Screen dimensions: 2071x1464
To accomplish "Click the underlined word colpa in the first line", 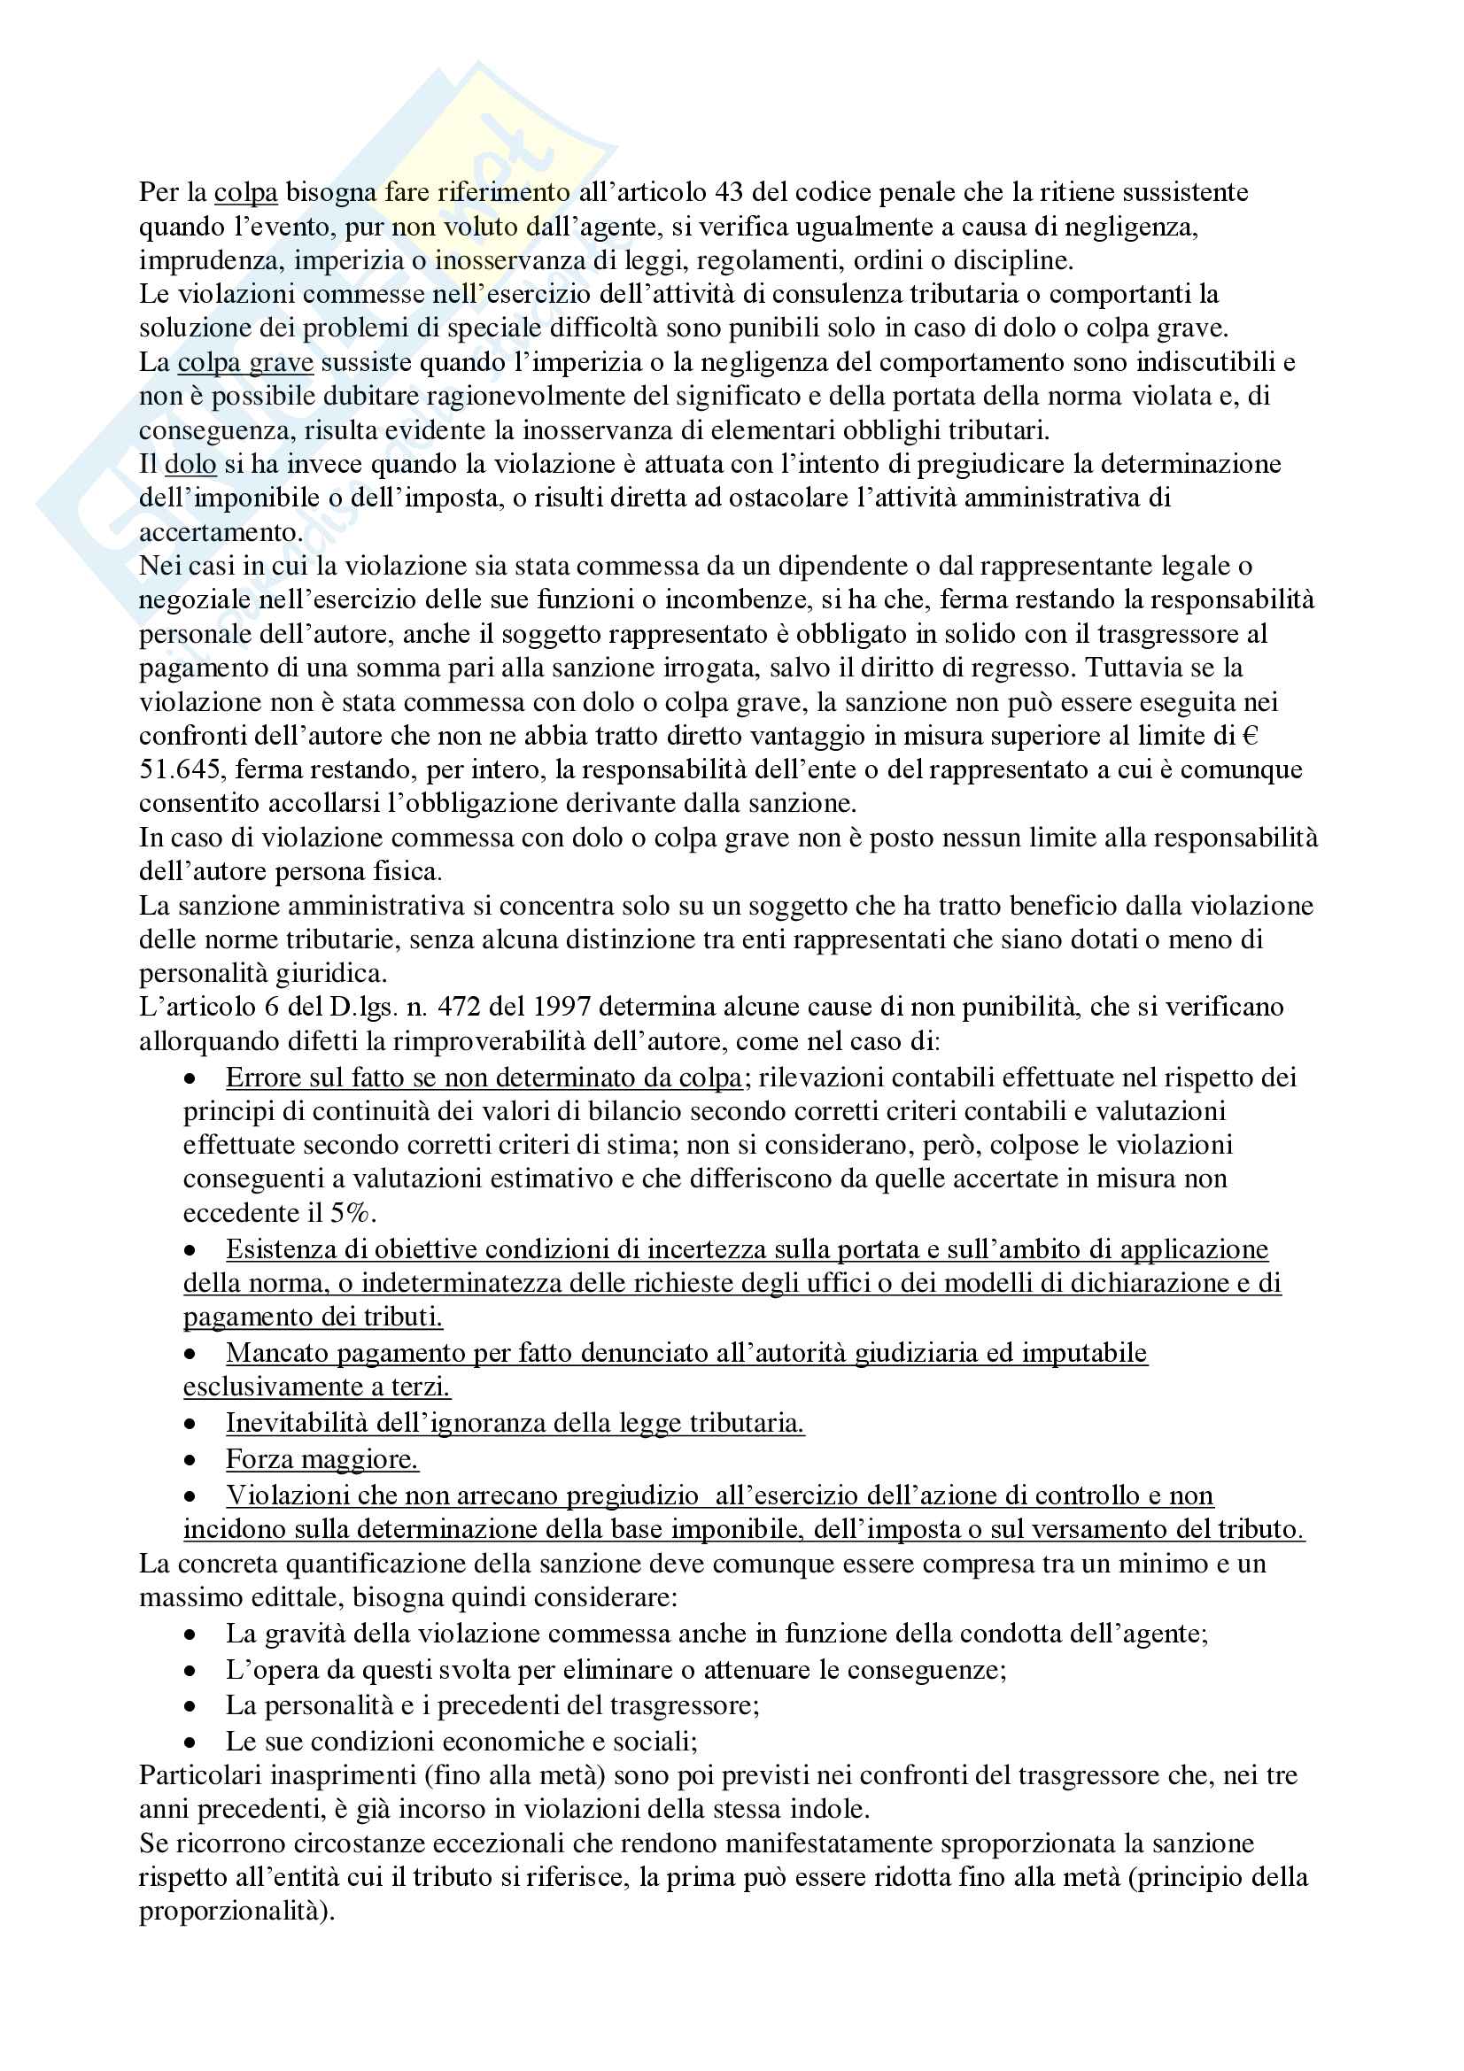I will [245, 192].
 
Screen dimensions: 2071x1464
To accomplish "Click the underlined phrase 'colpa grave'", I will [245, 363].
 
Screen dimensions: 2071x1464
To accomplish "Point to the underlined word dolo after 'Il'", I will [190, 465].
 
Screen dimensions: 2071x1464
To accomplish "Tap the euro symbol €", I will [1251, 736].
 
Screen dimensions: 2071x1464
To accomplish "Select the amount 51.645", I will [180, 770].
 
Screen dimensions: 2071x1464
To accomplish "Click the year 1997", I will [562, 1008].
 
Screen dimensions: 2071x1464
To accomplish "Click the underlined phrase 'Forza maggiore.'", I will [322, 1459].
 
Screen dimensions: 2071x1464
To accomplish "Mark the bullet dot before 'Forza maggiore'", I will [190, 1460].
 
